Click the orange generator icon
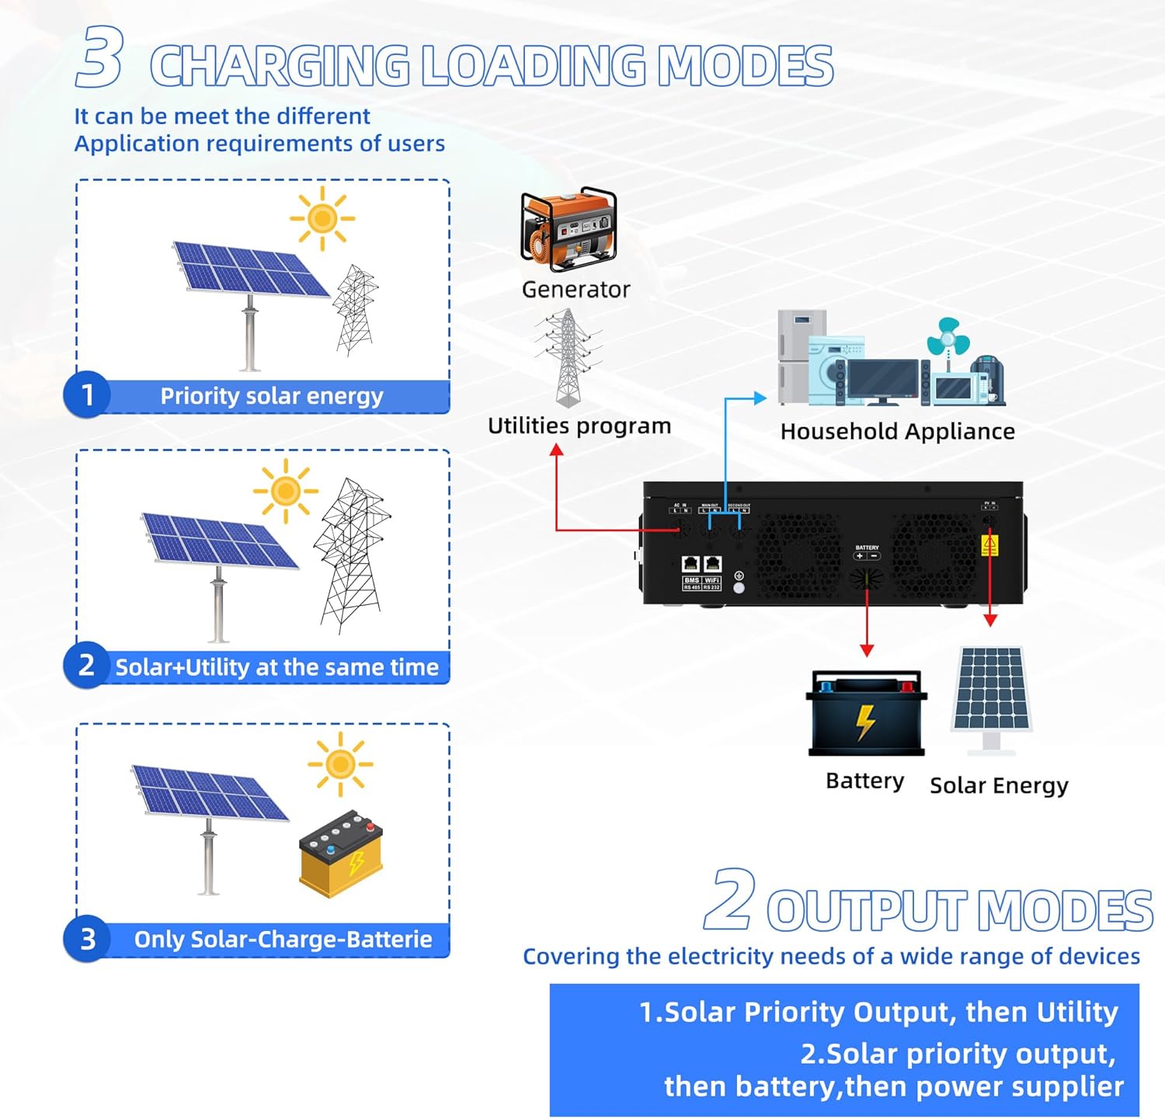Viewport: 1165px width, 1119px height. pos(569,229)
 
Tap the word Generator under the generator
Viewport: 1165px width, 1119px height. pos(576,290)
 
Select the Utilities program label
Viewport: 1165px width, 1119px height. pos(579,426)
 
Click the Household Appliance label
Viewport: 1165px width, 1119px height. pos(897,432)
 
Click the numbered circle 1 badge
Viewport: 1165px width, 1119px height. pos(87,395)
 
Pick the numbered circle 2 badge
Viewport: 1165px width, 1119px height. pos(87,665)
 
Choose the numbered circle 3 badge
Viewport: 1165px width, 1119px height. pos(87,939)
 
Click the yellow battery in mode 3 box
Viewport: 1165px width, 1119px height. pos(341,854)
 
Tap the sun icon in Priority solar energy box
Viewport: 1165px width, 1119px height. pos(322,218)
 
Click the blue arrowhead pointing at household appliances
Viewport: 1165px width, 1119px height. pos(760,398)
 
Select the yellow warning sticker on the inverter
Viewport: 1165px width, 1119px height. pos(989,545)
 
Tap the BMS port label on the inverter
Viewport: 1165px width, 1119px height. pos(691,580)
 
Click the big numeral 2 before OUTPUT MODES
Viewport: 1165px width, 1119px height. pos(730,901)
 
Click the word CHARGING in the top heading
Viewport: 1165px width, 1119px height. pos(280,66)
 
